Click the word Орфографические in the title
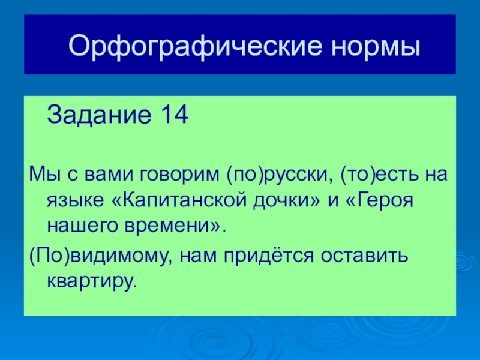coord(196,46)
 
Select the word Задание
coord(99,115)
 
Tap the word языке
coord(76,201)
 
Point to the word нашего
coord(82,227)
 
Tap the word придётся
coord(269,255)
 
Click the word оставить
coord(364,256)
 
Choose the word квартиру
coord(91,281)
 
